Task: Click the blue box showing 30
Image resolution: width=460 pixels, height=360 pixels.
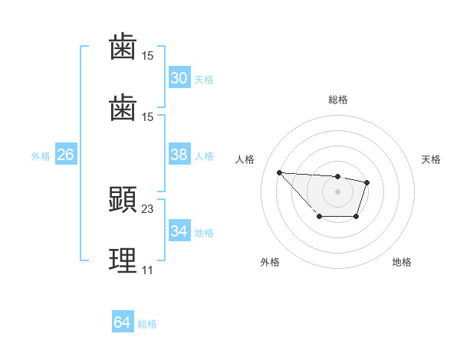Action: point(179,78)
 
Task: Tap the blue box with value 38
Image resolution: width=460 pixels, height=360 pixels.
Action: point(179,155)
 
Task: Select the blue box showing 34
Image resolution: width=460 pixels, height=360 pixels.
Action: point(179,231)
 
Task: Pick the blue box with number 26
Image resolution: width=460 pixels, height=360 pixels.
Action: point(65,155)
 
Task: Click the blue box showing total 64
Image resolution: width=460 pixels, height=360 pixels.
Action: point(123,322)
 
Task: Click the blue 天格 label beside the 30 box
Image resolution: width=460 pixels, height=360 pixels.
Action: point(204,79)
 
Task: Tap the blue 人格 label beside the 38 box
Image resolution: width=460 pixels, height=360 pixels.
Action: point(204,155)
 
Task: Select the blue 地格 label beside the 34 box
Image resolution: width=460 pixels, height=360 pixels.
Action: point(204,232)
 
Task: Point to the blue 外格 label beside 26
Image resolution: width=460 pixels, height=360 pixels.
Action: point(41,155)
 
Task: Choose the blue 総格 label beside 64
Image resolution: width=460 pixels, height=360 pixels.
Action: point(147,324)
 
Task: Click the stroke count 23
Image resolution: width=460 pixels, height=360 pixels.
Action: point(148,208)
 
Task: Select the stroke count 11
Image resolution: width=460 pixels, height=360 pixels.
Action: point(147,270)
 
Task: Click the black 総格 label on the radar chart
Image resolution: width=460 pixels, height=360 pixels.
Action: point(337,100)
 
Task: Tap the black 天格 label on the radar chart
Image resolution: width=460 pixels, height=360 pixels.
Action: point(431,159)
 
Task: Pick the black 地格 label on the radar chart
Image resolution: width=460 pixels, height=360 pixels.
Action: point(402,262)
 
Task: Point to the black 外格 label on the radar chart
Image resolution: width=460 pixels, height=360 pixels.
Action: point(270,262)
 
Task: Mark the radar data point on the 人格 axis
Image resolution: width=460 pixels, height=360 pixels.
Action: point(279,172)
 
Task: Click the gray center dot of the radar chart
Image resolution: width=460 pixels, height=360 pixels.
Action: point(337,191)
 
